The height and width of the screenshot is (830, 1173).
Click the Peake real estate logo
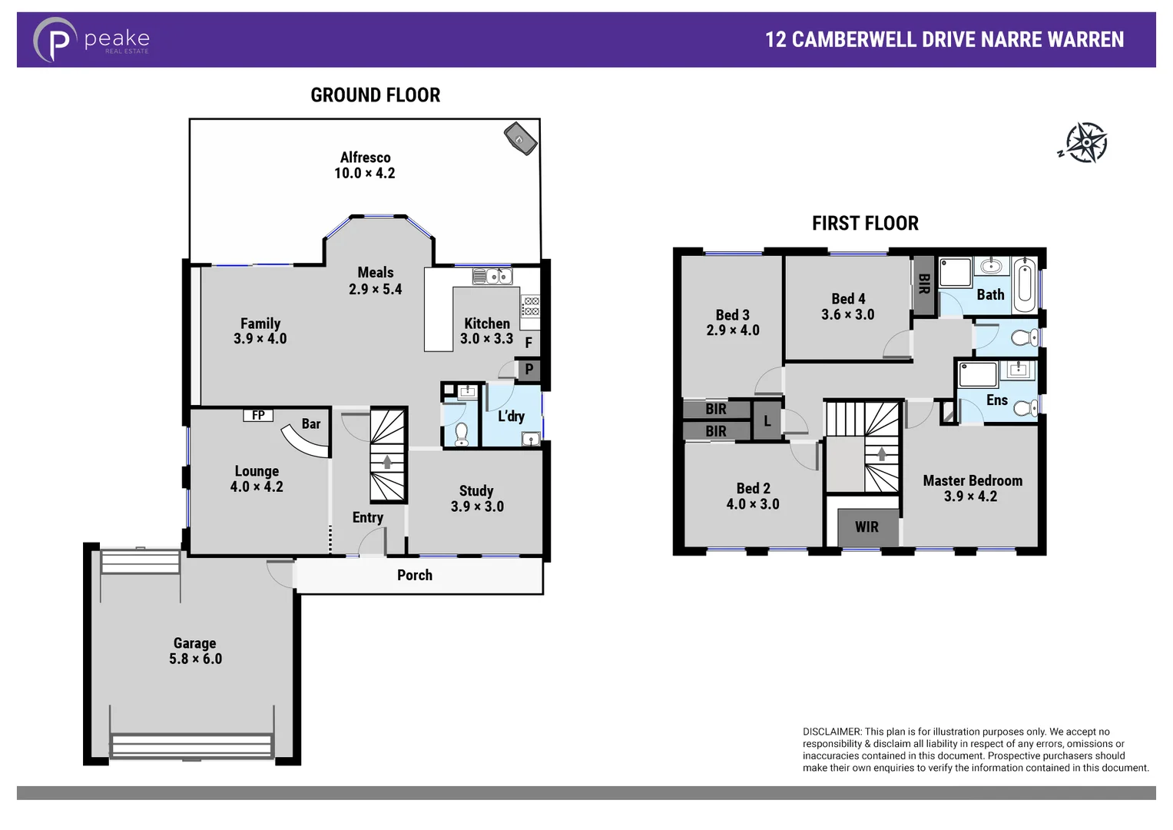91,40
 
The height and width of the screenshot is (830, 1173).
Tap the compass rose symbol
1085,143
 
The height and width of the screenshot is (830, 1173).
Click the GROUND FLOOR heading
375,95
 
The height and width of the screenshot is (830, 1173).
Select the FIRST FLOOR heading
865,224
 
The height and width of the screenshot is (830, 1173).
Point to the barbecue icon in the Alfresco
520,138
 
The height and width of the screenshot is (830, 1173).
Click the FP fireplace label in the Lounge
258,415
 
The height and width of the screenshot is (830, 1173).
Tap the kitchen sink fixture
492,276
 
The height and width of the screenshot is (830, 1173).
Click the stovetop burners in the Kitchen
530,307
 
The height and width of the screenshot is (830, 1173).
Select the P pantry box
529,370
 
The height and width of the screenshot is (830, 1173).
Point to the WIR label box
866,527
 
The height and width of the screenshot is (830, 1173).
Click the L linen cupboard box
767,421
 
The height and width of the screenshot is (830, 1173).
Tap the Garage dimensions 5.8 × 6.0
195,659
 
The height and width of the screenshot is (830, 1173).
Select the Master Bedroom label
973,481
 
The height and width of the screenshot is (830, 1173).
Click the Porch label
415,576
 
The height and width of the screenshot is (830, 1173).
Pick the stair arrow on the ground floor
387,462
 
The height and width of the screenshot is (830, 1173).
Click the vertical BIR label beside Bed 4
924,284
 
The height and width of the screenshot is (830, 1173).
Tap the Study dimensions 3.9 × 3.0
477,507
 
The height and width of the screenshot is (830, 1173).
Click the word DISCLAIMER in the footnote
832,732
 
